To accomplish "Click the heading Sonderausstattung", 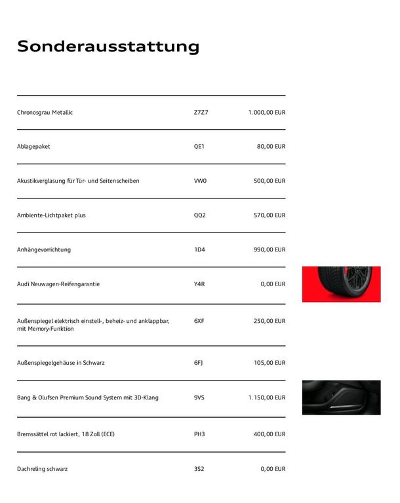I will pyautogui.click(x=108, y=47).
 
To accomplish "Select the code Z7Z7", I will pyautogui.click(x=201, y=113).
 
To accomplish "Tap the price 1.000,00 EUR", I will pyautogui.click(x=267, y=113).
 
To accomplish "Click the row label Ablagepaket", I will pyautogui.click(x=33, y=147).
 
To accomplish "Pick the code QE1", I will pyautogui.click(x=199, y=147).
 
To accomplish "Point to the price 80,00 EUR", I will pyautogui.click(x=271, y=147).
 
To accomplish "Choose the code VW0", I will pyautogui.click(x=200, y=181).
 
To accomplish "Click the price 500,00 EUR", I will pyautogui.click(x=270, y=181).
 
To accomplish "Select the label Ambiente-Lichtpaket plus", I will pyautogui.click(x=51, y=215).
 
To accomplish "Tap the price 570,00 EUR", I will pyautogui.click(x=270, y=215).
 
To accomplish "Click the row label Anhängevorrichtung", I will pyautogui.click(x=44, y=250).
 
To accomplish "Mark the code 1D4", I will pyautogui.click(x=199, y=250).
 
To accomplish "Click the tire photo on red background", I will pyautogui.click(x=341, y=284).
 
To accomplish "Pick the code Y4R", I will pyautogui.click(x=199, y=284).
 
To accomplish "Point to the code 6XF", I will pyautogui.click(x=199, y=321).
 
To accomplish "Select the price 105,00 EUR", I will pyautogui.click(x=270, y=363).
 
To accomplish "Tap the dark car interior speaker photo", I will pyautogui.click(x=341, y=398).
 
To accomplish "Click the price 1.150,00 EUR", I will pyautogui.click(x=267, y=398).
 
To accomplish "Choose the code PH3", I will pyautogui.click(x=199, y=434).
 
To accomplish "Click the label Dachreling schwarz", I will pyautogui.click(x=42, y=469).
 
